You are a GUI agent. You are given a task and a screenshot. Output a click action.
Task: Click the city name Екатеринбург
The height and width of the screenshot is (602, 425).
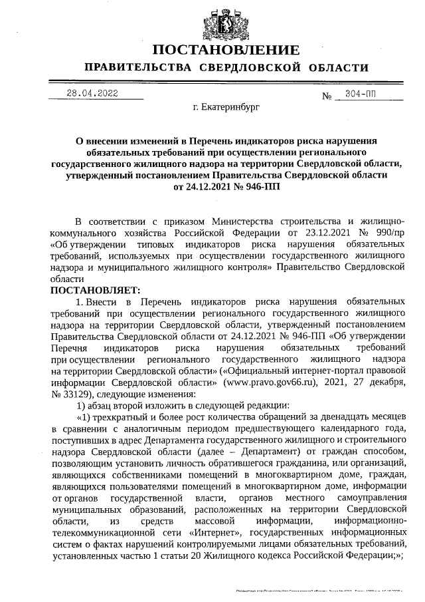[x=226, y=106]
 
